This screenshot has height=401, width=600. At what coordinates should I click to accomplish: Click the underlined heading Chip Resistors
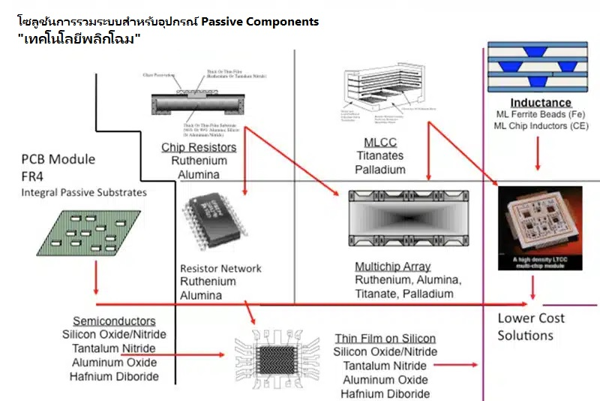pyautogui.click(x=199, y=147)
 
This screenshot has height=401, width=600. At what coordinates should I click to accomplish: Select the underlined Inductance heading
pyautogui.click(x=541, y=103)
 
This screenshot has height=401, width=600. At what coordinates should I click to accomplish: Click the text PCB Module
pyautogui.click(x=58, y=159)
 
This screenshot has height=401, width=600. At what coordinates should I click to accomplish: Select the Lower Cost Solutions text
pyautogui.click(x=530, y=327)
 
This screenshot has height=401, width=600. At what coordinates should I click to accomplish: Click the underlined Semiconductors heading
pyautogui.click(x=114, y=321)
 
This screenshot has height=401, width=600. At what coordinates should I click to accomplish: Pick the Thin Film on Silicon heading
pyautogui.click(x=385, y=339)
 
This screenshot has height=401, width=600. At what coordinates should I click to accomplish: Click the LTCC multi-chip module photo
pyautogui.click(x=540, y=228)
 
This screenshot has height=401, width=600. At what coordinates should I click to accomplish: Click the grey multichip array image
pyautogui.click(x=408, y=218)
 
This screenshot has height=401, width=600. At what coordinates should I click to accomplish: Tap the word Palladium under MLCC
pyautogui.click(x=380, y=170)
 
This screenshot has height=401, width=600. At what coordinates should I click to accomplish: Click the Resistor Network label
pyautogui.click(x=220, y=268)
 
